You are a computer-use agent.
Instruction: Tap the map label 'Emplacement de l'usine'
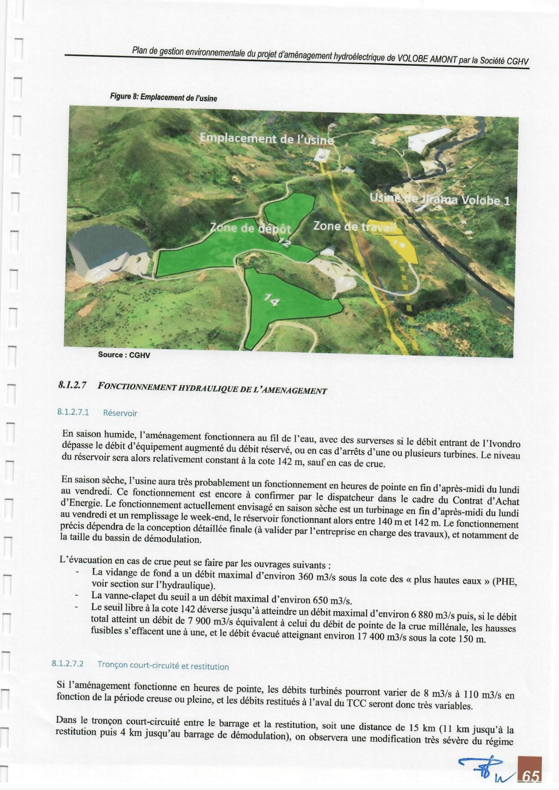(267, 139)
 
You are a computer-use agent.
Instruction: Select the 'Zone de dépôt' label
(251, 228)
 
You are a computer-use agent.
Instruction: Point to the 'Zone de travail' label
(354, 227)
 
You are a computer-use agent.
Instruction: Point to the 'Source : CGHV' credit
(124, 355)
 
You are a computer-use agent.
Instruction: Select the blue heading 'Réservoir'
(120, 413)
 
